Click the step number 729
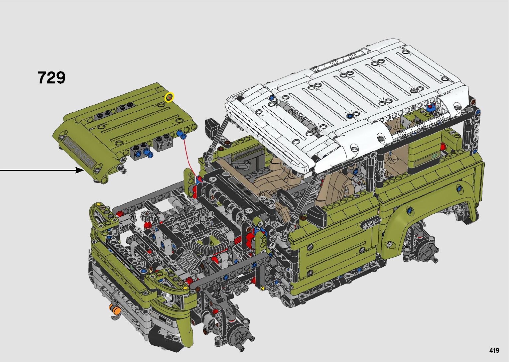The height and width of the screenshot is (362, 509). pos(51,78)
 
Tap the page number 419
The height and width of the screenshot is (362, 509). pos(494,350)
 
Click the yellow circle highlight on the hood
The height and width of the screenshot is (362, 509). pos(169,97)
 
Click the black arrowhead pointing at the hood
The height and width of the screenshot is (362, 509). pos(80,170)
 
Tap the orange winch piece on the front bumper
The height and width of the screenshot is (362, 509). pos(115,309)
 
